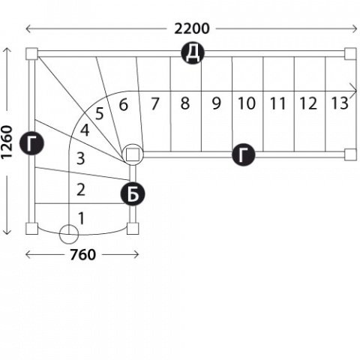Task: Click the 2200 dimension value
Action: [191, 28]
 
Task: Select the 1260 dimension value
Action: [7, 142]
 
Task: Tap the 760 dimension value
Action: [82, 255]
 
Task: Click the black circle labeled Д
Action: [193, 53]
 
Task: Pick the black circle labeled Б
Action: [133, 194]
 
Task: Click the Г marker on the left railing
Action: [32, 143]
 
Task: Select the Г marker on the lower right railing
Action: [244, 154]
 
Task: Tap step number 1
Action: [81, 218]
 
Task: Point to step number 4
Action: [85, 130]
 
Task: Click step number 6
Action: [124, 105]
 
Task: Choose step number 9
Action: [217, 103]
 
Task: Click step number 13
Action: [340, 103]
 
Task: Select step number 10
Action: [247, 103]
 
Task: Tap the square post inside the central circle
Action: [133, 154]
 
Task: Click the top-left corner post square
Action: [31, 54]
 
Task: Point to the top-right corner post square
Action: [350, 54]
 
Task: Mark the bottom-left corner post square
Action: [31, 229]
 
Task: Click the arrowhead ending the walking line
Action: [354, 91]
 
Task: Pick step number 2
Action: [81, 190]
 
